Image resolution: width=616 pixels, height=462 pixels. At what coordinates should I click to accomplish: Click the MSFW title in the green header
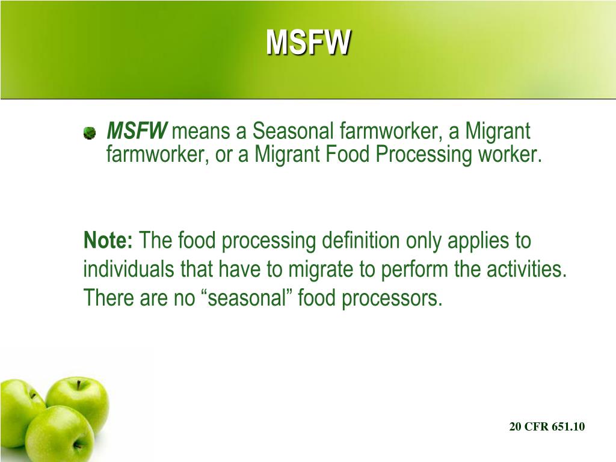click(308, 43)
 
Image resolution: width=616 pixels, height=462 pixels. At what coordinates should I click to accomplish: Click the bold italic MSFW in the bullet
click(137, 131)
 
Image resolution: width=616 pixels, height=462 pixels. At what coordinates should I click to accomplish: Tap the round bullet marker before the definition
click(89, 132)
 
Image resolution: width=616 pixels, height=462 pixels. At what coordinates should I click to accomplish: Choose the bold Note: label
click(109, 241)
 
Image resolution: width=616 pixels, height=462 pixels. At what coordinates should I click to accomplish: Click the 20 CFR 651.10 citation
click(547, 427)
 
